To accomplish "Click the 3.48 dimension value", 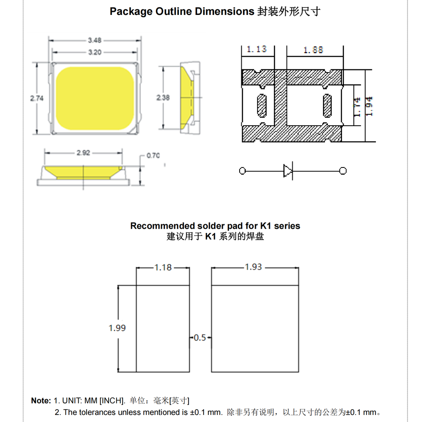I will (x=95, y=40).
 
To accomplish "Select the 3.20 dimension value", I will (x=95, y=52).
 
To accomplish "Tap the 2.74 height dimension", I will (x=37, y=98).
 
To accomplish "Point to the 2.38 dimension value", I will (x=163, y=98).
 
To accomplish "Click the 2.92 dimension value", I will (x=83, y=153).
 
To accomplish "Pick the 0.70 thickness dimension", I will (x=153, y=156).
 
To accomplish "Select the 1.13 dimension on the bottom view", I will (x=257, y=49).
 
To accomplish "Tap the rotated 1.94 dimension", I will (x=369, y=106).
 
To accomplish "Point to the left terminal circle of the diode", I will (x=242, y=171).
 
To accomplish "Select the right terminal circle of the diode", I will (x=343, y=171).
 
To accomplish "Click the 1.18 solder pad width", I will (x=163, y=267).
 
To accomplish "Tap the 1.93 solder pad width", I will (x=253, y=267).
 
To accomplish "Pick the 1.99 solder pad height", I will (x=117, y=328).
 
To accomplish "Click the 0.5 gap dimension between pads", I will (x=200, y=338).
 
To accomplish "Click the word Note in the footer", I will (x=41, y=401).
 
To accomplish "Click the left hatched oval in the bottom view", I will (x=261, y=106).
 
